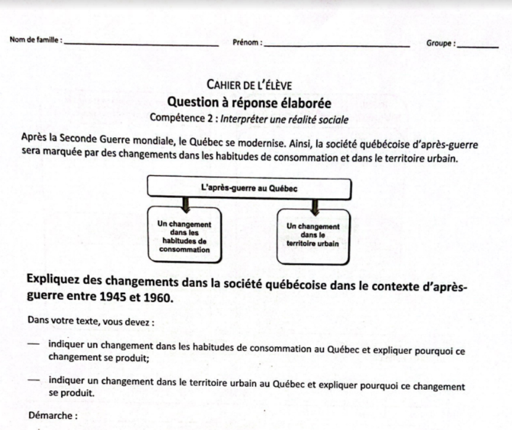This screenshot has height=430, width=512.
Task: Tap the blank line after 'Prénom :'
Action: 337,45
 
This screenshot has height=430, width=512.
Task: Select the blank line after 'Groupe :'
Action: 478,46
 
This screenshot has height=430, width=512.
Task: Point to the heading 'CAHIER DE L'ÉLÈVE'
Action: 249,85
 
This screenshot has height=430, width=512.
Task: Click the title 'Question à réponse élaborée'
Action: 249,102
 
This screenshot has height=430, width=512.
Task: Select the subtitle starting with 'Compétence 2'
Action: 249,118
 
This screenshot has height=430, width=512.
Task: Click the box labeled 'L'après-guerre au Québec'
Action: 249,188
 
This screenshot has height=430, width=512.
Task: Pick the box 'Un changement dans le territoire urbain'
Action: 313,235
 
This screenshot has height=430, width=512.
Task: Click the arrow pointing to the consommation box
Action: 185,204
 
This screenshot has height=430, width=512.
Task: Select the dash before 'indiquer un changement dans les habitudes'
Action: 34,344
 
